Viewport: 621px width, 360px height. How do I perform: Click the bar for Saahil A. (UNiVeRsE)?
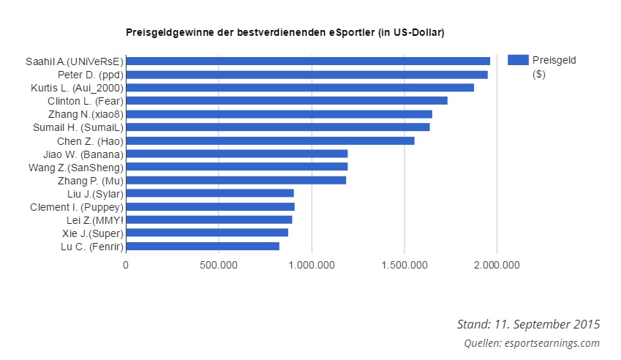coord(307,61)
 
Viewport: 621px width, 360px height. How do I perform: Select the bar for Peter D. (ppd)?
coord(306,75)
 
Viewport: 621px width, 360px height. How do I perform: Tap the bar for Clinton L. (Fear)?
coord(286,101)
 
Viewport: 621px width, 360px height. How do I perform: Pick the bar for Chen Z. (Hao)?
coord(270,140)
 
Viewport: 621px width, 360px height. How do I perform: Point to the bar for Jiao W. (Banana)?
coord(236,154)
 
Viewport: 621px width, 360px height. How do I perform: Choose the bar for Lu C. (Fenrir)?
coord(203,247)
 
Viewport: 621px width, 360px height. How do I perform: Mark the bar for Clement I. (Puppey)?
coord(210,207)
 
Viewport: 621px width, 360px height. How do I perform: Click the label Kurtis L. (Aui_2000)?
coord(77,88)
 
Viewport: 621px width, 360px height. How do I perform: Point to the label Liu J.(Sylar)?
coord(95,194)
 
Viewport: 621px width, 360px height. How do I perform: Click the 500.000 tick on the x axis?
coord(219,265)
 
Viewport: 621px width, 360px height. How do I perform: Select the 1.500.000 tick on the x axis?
coord(404,265)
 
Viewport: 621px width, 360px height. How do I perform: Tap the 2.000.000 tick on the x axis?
coord(497,265)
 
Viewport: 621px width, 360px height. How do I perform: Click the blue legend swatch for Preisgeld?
coord(517,61)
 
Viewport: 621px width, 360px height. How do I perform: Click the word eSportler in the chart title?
coord(349,33)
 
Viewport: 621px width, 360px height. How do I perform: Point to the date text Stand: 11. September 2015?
coord(528,324)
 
